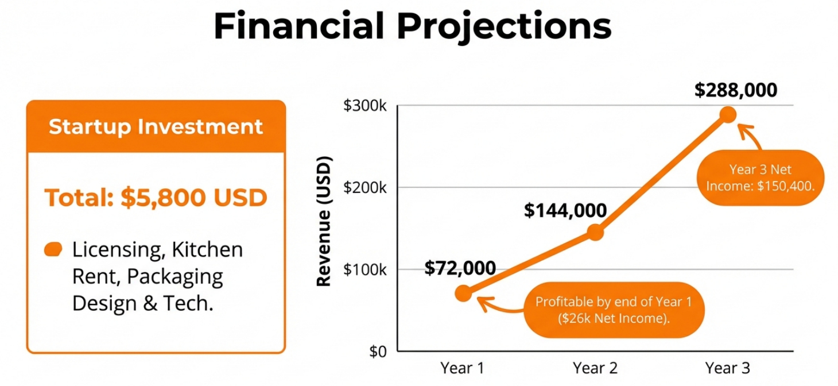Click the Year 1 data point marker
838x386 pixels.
tap(464, 293)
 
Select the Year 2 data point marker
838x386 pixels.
tap(595, 233)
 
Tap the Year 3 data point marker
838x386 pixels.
tap(728, 114)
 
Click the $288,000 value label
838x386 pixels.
tap(735, 90)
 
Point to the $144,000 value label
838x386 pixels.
tap(565, 210)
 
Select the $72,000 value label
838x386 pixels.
tap(460, 268)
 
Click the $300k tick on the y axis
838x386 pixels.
tap(364, 106)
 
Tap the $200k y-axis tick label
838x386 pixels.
tap(364, 188)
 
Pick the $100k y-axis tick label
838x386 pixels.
tap(364, 269)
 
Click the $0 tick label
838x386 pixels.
tap(378, 352)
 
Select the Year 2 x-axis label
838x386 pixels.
tap(595, 368)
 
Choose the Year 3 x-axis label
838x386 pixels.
tap(728, 368)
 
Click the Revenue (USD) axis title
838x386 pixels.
tap(324, 221)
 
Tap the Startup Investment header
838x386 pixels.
tap(156, 126)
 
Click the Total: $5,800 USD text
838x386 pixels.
tap(156, 197)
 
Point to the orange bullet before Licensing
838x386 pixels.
tap(53, 249)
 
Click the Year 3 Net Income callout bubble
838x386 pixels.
tap(761, 178)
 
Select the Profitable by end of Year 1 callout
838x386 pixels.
tap(614, 310)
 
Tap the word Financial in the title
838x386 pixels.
tap(299, 25)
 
